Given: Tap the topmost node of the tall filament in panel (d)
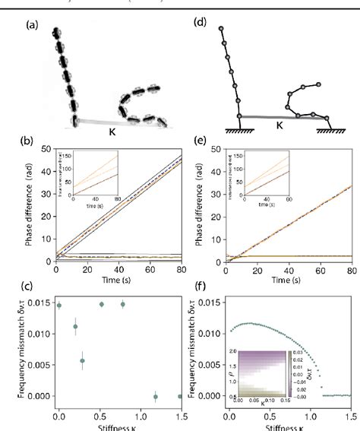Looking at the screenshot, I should coord(221,29).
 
